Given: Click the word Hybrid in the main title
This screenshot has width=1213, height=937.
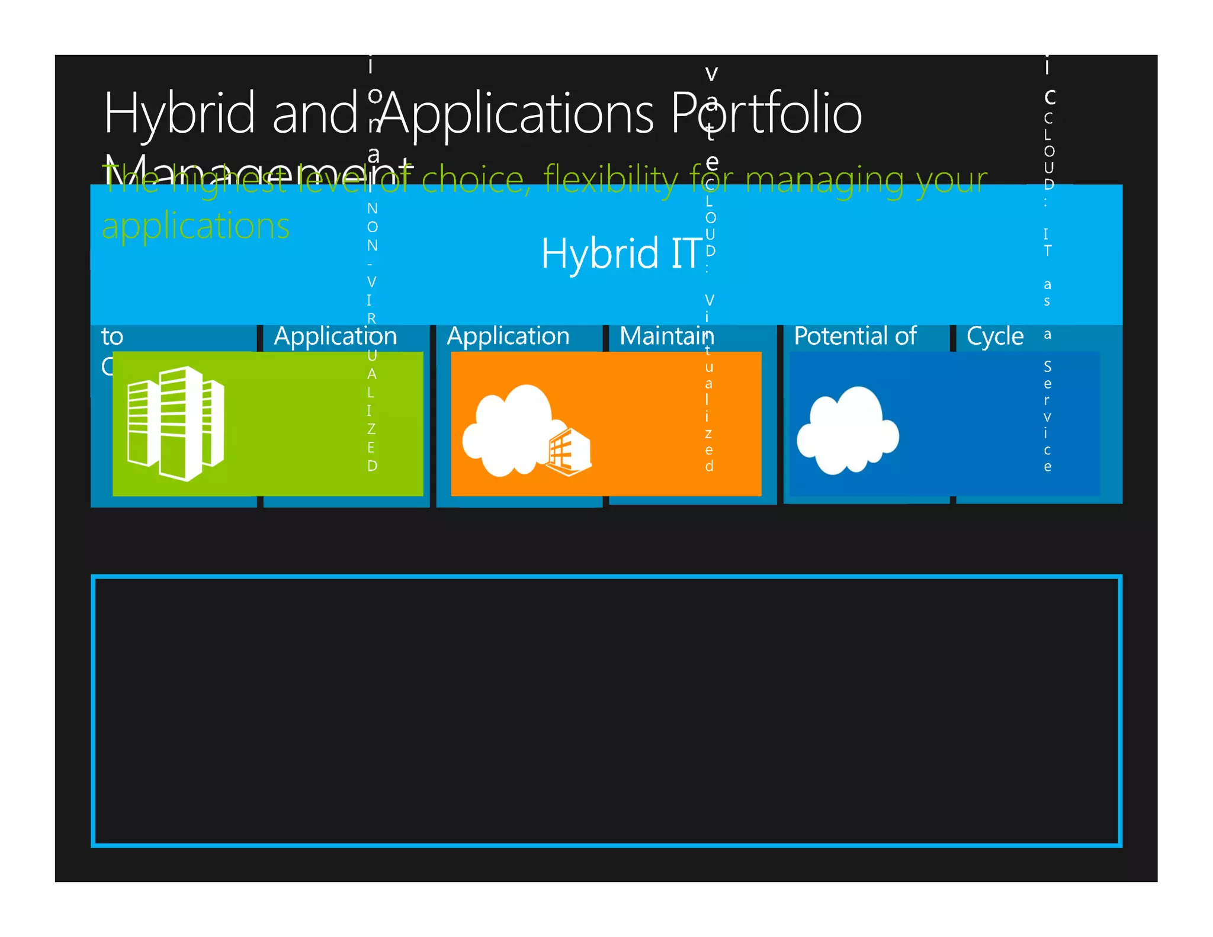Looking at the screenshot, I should pyautogui.click(x=179, y=114).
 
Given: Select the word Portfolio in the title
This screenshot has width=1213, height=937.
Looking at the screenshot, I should pyautogui.click(x=766, y=114).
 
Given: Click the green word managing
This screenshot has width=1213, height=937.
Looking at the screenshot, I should pyautogui.click(x=826, y=180).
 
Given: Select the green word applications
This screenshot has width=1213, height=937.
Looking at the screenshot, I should pyautogui.click(x=195, y=226).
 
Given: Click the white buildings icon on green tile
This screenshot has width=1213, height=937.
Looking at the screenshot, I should pyautogui.click(x=176, y=423).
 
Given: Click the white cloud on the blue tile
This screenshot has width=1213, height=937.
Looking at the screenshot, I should pyautogui.click(x=848, y=430).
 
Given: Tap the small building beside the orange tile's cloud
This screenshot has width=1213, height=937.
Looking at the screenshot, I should pyautogui.click(x=569, y=453).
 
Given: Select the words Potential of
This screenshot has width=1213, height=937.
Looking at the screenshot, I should pyautogui.click(x=855, y=336).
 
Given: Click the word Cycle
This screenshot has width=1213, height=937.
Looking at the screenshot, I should pyautogui.click(x=994, y=336).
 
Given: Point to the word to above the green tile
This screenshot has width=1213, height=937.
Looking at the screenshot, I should pyautogui.click(x=112, y=336).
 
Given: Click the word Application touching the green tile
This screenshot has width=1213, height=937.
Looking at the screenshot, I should pyautogui.click(x=335, y=336).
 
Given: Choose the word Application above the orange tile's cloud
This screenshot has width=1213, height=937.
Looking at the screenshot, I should pyautogui.click(x=508, y=336).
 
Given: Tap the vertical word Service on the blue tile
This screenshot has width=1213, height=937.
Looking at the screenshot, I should pyautogui.click(x=1047, y=416).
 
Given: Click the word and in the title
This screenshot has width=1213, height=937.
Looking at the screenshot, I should pyautogui.click(x=315, y=114).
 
